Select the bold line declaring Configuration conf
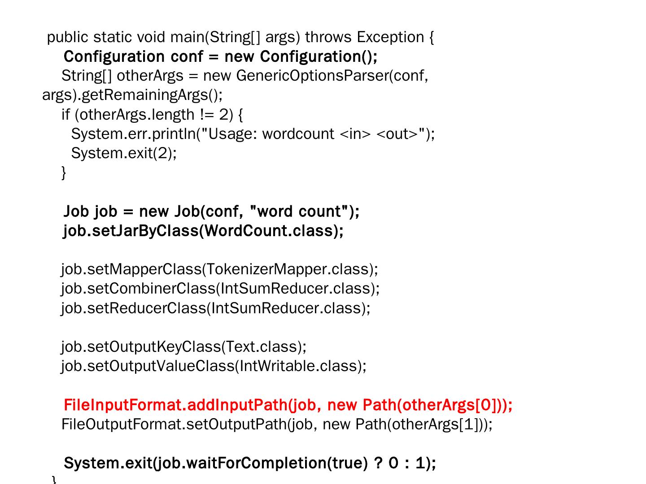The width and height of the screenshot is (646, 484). point(220,57)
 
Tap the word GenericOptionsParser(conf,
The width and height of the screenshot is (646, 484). point(332,76)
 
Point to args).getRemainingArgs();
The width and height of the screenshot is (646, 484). point(132,95)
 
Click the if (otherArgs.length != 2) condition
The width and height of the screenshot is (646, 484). point(153,115)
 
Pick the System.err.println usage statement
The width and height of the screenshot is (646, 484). point(253,134)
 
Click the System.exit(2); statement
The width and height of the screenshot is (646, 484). point(124,153)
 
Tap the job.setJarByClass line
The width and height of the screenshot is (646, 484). point(203,231)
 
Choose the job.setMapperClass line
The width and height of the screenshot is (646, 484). point(220,269)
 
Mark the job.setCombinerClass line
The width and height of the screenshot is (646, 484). point(220,289)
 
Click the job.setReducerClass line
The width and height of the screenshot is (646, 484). point(216,308)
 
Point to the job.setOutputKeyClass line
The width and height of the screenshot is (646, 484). point(184,347)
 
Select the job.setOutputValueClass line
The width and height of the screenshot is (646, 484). point(214,366)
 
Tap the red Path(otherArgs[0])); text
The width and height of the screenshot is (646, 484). point(437,405)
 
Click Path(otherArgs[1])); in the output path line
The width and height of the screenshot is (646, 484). point(424,424)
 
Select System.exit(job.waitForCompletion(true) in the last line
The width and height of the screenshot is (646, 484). point(215,463)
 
